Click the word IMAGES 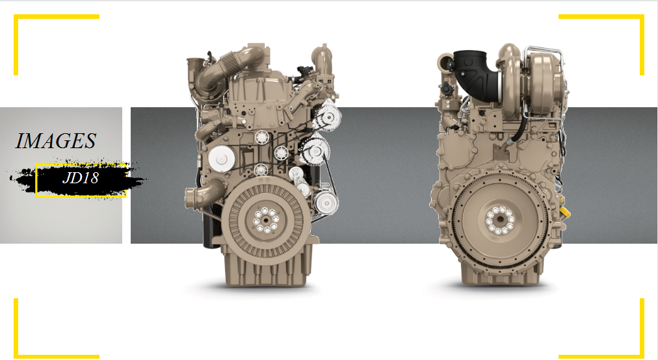coord(56,141)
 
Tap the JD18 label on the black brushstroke coord(80,178)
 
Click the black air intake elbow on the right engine coord(477,75)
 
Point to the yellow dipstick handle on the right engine coord(565,211)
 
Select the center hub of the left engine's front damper coord(265,220)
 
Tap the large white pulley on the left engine coord(222,159)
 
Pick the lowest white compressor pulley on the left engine coord(326,203)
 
